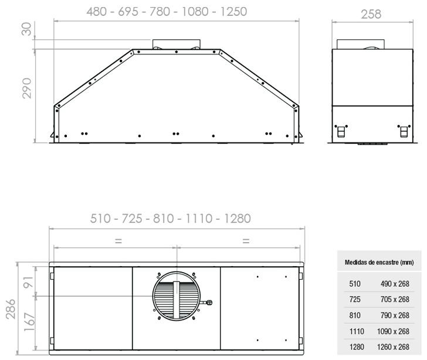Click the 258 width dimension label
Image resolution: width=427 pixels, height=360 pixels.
click(371, 14)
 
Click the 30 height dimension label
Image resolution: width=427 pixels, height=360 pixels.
click(27, 29)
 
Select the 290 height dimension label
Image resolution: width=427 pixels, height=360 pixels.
click(27, 88)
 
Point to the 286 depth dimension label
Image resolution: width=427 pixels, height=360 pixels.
click(11, 309)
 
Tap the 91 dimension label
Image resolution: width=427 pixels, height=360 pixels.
click(28, 282)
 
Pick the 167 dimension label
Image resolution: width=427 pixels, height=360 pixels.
click(29, 322)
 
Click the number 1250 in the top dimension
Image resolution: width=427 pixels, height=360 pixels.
click(233, 12)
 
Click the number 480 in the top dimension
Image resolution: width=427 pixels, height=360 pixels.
click(97, 12)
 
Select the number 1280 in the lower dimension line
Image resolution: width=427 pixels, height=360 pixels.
click(237, 219)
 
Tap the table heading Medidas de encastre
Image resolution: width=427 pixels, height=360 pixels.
click(379, 262)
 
